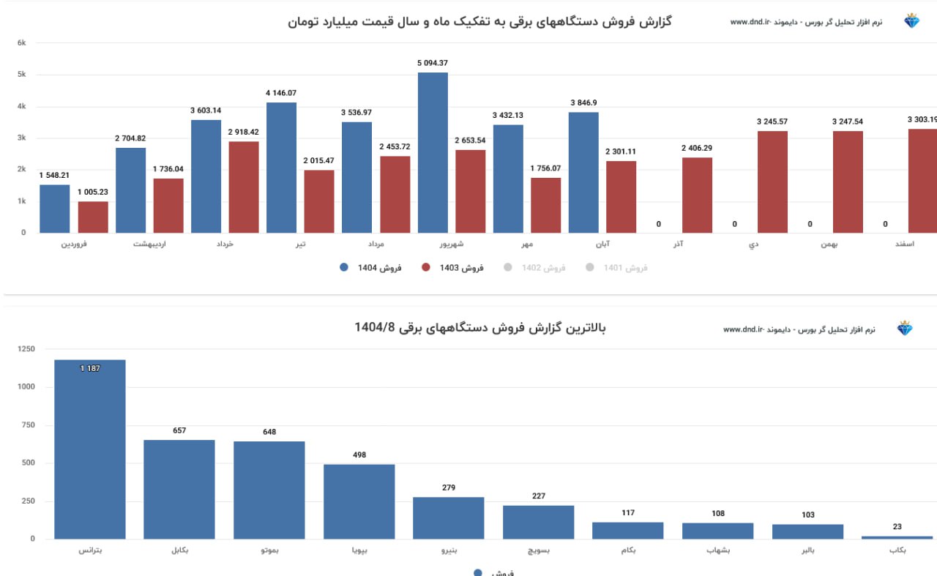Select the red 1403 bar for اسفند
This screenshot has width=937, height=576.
point(922,181)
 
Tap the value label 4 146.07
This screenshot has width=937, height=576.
point(281,93)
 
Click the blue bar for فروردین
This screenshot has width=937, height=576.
point(55,209)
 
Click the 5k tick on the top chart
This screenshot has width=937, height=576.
point(22,75)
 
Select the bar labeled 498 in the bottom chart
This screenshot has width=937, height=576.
point(359,501)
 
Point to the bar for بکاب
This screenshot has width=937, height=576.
point(897,537)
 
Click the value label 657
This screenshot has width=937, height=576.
point(179,430)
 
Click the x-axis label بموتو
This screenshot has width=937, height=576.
point(269,550)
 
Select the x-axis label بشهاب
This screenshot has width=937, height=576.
point(717,550)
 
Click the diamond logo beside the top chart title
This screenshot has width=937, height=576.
point(911,21)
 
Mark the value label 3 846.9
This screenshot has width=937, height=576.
point(583,102)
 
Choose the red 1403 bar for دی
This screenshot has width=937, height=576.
point(772,182)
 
